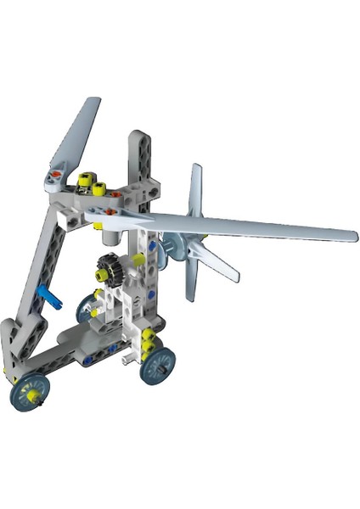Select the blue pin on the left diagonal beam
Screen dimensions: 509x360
[x=50, y=297]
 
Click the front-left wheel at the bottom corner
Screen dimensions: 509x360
[x=30, y=391]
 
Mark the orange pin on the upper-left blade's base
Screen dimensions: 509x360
[x=55, y=175]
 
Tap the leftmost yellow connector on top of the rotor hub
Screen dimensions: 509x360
[x=84, y=180]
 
